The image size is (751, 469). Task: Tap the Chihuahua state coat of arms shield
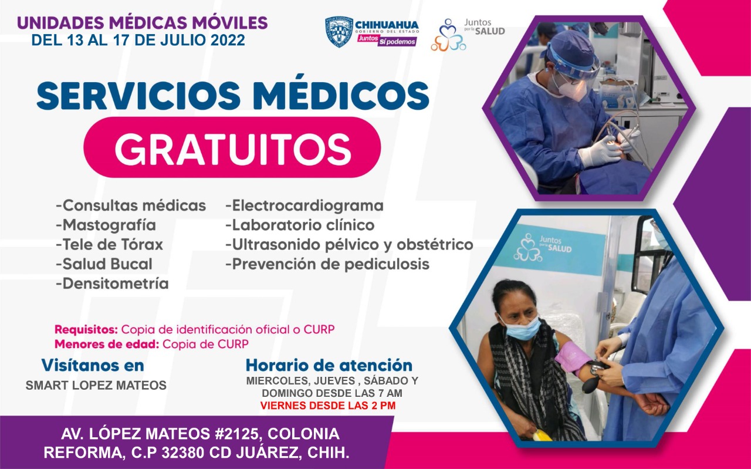(339, 32)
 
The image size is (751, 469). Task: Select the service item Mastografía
(106, 225)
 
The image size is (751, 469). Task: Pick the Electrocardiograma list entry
(305, 205)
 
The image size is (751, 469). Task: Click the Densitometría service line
(112, 284)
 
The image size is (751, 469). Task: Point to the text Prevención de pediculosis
(327, 264)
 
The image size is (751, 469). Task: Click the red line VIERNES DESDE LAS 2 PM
(328, 405)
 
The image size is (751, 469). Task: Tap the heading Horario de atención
(329, 365)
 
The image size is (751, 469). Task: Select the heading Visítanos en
(93, 365)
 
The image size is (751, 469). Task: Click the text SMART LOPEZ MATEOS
(96, 386)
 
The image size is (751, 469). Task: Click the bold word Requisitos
(86, 329)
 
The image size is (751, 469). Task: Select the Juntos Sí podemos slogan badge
(387, 41)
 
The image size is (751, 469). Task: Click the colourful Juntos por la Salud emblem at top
(448, 35)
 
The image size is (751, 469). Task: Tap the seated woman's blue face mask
(522, 328)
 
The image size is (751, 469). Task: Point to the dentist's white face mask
(570, 89)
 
